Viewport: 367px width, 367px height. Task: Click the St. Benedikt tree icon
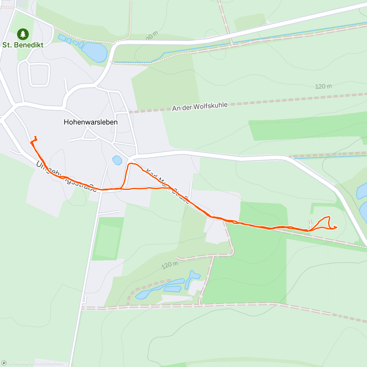pos(23,34)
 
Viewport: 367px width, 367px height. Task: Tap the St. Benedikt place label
pos(23,45)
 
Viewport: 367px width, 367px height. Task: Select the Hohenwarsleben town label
pos(91,122)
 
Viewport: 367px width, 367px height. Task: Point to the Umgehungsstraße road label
pos(66,177)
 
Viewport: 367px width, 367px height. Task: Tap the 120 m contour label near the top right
pos(323,86)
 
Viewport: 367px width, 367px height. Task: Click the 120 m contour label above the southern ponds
pos(170,265)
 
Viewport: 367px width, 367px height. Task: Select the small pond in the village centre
pos(117,160)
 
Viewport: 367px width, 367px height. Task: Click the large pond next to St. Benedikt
pos(94,52)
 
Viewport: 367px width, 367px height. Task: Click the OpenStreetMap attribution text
pos(49,363)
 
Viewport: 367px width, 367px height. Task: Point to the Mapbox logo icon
pos(4,363)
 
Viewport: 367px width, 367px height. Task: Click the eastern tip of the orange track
pos(336,227)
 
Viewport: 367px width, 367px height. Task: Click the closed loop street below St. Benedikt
pos(39,75)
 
